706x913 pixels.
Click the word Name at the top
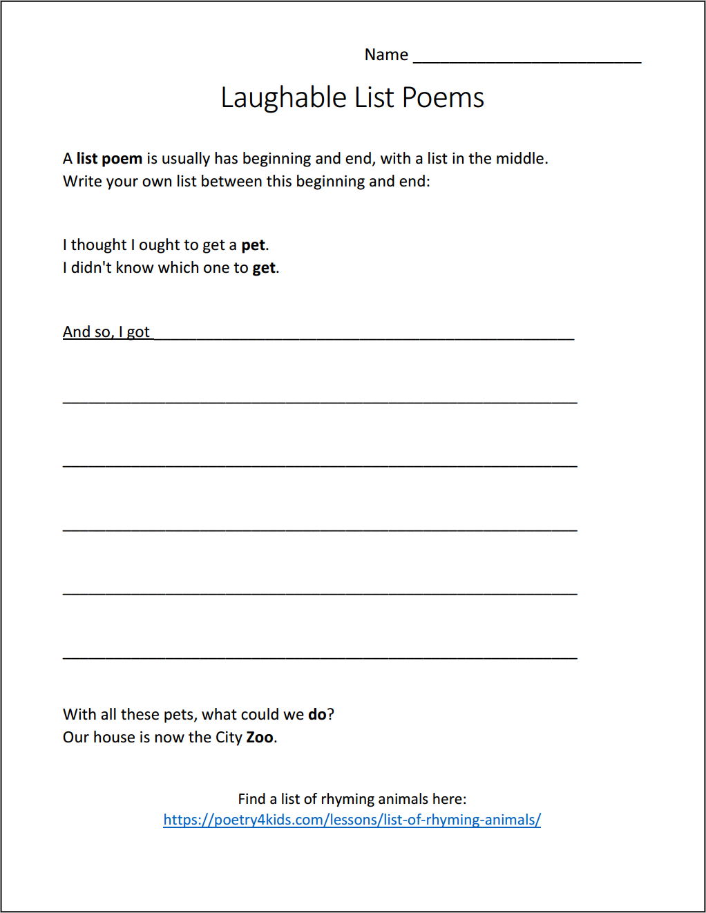[x=386, y=55]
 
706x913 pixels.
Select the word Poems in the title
[x=443, y=98]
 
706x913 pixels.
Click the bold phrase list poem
[x=109, y=159]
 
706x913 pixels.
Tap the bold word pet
[x=253, y=245]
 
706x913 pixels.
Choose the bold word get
[x=264, y=268]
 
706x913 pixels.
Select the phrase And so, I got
[x=106, y=332]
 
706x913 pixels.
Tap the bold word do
[x=317, y=715]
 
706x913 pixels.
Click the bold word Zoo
[x=260, y=738]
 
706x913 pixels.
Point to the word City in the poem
[x=229, y=738]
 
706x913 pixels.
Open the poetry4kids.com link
[x=352, y=820]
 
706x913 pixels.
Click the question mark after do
[x=331, y=715]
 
